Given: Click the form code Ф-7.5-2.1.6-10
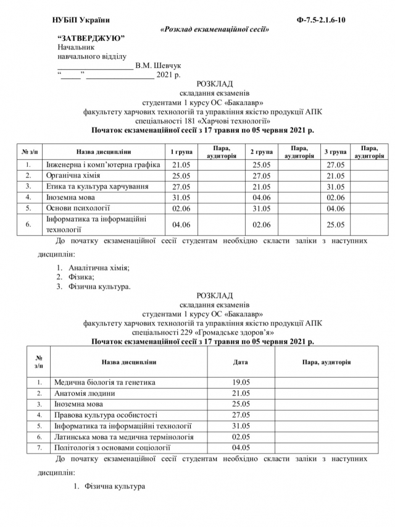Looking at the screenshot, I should coord(321,20).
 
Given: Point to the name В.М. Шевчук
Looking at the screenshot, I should coord(158,65).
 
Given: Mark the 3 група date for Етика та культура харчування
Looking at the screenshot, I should coord(335,187).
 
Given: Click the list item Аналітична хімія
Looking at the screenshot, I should coord(99,268).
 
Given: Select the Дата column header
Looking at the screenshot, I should coord(240,363).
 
